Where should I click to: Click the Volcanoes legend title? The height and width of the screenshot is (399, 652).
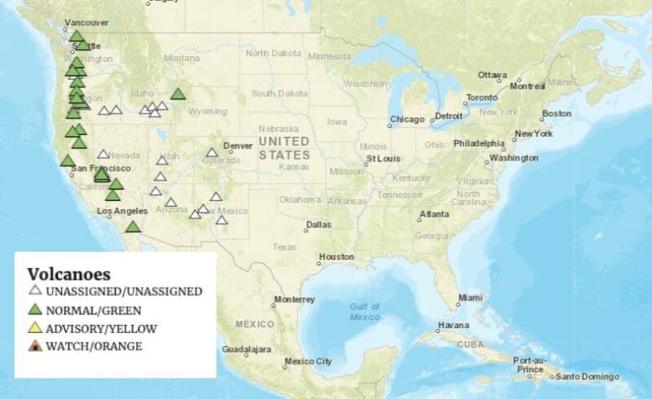[x=68, y=274]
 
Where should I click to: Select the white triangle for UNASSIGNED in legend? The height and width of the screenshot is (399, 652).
[x=35, y=291]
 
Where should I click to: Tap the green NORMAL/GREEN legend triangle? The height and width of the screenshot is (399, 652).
[x=35, y=309]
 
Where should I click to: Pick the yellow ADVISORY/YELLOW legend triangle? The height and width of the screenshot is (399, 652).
[x=35, y=328]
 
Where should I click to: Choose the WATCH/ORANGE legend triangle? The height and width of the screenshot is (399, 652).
[x=35, y=346]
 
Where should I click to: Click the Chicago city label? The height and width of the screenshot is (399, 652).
[x=407, y=120]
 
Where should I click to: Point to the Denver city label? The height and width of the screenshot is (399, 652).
[x=238, y=146]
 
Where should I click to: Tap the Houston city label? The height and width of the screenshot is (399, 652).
[x=337, y=256]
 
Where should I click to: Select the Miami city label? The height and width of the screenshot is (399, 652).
[x=469, y=298]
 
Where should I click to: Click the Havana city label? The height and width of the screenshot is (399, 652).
[x=453, y=326]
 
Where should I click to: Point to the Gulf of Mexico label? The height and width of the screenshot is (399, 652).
[x=364, y=311]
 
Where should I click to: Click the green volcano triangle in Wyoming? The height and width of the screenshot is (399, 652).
[x=178, y=94]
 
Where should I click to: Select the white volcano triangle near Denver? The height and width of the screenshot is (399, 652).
[x=212, y=152]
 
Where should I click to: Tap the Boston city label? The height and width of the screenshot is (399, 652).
[x=557, y=113]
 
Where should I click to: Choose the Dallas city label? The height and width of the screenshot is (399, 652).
[x=319, y=225]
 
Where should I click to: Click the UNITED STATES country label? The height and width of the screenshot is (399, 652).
[x=284, y=147]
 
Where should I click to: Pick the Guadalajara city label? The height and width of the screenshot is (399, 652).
[x=246, y=349]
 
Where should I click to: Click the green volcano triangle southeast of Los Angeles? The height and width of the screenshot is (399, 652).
[x=134, y=226]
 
